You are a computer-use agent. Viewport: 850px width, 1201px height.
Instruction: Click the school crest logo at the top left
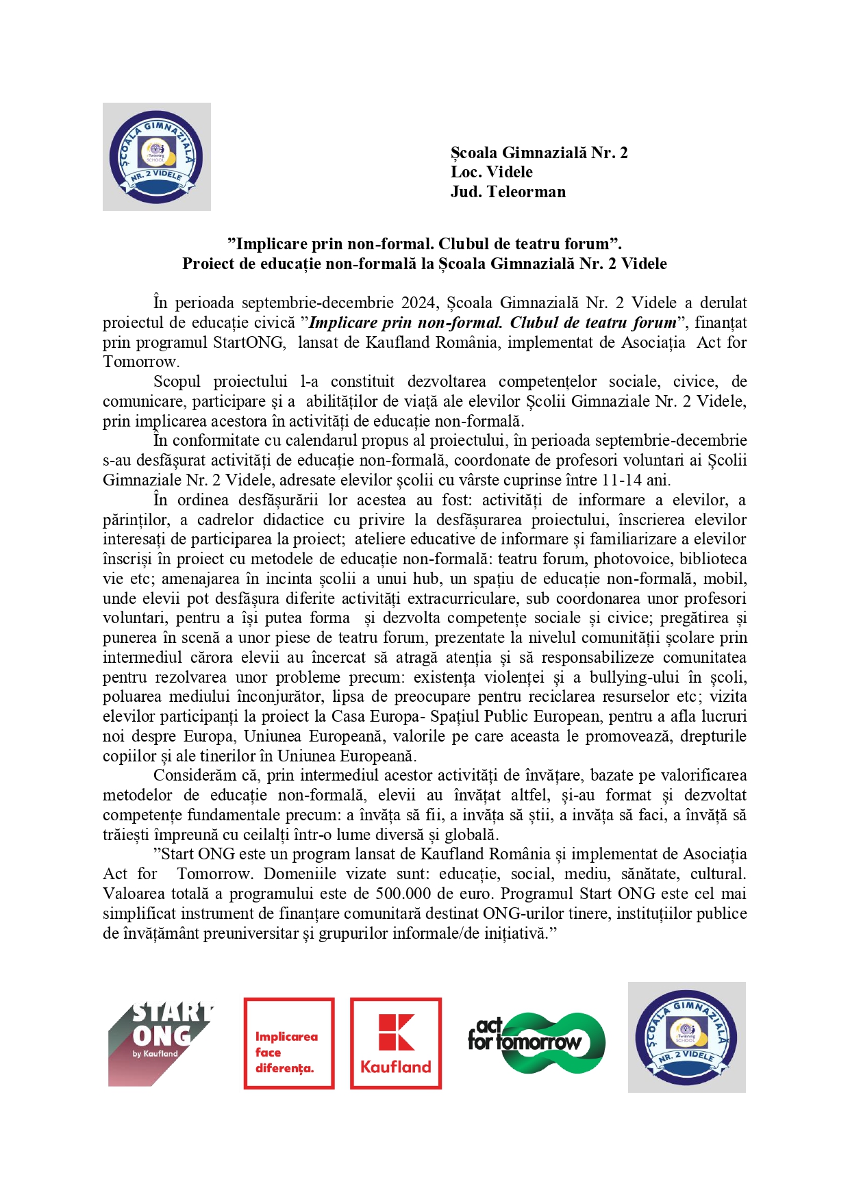pos(156,156)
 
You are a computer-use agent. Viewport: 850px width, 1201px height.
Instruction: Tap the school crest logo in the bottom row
pos(686,1037)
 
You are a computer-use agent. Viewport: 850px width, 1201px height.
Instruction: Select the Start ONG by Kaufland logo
pos(160,1043)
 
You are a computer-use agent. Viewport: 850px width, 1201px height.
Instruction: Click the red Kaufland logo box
pos(396,1043)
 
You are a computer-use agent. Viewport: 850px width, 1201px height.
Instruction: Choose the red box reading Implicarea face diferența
pos(289,1043)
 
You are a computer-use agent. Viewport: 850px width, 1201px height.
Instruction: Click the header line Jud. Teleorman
pos(508,192)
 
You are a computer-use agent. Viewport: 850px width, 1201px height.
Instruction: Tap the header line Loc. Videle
pos(491,172)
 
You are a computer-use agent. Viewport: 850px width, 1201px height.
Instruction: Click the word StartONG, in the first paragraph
pos(249,342)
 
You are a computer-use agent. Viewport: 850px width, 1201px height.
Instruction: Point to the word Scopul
pos(177,381)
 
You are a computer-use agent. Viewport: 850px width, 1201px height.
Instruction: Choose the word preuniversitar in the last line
pos(249,933)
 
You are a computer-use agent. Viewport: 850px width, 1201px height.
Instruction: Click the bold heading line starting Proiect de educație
pos(424,264)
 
